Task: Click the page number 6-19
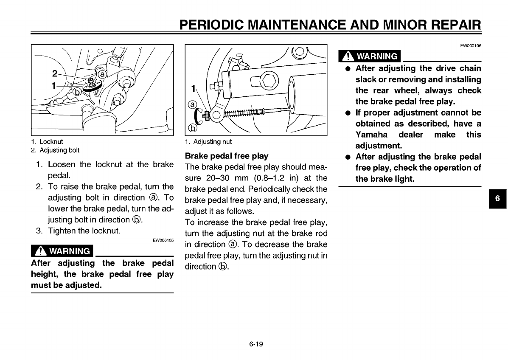pyautogui.click(x=256, y=344)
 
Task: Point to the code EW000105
pyautogui.click(x=163, y=240)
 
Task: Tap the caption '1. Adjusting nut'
pyautogui.click(x=208, y=142)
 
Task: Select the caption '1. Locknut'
pyautogui.click(x=47, y=142)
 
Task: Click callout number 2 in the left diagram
pyautogui.click(x=54, y=72)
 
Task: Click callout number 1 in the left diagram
pyautogui.click(x=53, y=85)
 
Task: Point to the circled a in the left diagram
pyautogui.click(x=102, y=75)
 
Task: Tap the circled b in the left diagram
pyautogui.click(x=77, y=92)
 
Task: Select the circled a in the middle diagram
pyautogui.click(x=193, y=104)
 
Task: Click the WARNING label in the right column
pyautogui.click(x=370, y=56)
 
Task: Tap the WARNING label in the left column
pyautogui.click(x=62, y=251)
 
